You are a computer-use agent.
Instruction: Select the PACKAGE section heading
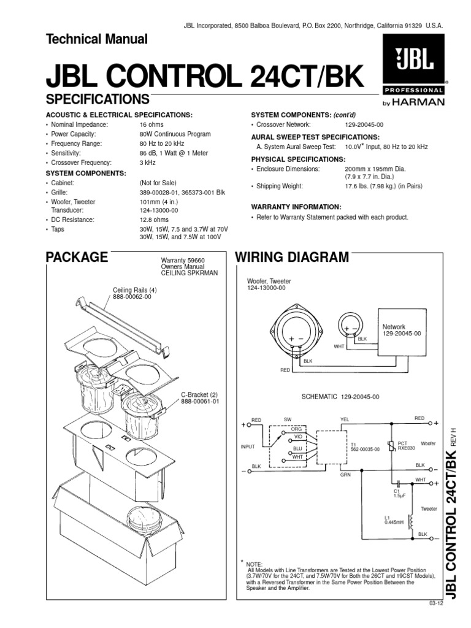coord(77,257)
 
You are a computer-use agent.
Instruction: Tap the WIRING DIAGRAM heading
coord(293,257)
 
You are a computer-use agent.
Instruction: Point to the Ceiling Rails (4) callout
coord(135,290)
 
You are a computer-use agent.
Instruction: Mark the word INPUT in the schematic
coord(248,447)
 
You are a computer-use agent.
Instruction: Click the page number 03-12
coord(435,603)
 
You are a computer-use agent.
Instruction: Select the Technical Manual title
coord(97,40)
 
